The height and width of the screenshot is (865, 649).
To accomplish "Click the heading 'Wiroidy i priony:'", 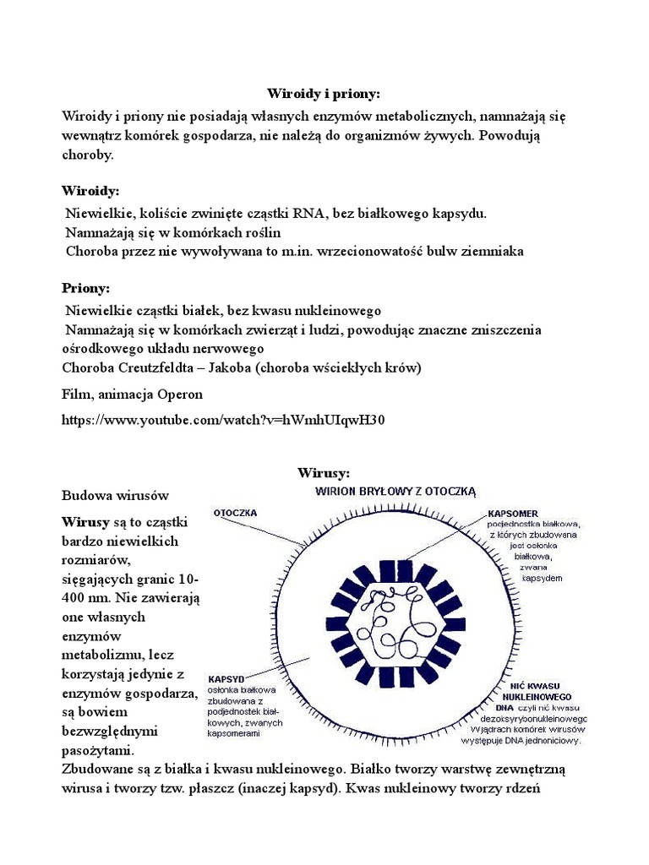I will (324, 94).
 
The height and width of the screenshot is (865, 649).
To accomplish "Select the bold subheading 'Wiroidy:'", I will (90, 191).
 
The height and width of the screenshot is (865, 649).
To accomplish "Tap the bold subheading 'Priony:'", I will (86, 288).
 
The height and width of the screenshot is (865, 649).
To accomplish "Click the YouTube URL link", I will (223, 419).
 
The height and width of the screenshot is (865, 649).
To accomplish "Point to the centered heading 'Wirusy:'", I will (324, 472).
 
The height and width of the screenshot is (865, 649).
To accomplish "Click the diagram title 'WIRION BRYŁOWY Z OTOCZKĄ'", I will (396, 490).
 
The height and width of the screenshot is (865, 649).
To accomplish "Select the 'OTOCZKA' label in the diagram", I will (236, 512).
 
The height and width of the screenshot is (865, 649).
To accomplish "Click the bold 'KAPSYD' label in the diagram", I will (226, 678).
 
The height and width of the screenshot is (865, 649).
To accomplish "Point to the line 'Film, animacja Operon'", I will (133, 394).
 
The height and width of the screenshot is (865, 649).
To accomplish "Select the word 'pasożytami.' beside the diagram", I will (98, 750).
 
